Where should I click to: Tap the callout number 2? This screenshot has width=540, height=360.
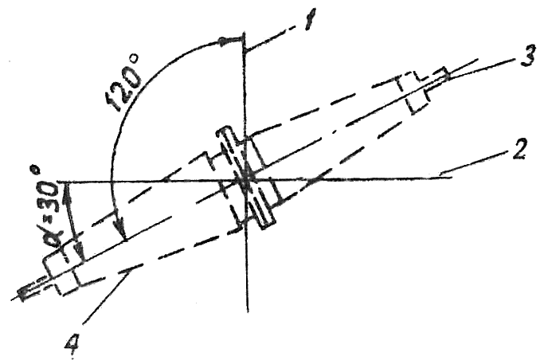click(x=518, y=150)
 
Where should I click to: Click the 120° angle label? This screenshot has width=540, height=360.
click(x=125, y=82)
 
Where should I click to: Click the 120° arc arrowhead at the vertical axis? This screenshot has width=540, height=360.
click(x=225, y=41)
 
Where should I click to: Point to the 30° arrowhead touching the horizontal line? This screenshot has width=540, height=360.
click(x=68, y=190)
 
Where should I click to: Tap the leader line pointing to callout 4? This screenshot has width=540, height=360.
click(x=107, y=296)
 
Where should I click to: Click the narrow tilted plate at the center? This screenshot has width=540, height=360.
click(x=246, y=178)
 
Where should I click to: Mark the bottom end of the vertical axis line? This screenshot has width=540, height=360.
click(x=248, y=312)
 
